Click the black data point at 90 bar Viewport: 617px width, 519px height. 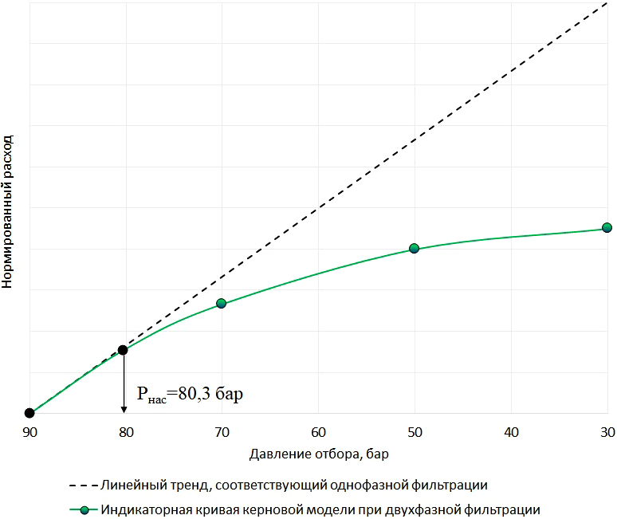tap(29, 413)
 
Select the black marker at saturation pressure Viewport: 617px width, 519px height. tap(123, 350)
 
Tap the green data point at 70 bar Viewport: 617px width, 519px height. tap(222, 303)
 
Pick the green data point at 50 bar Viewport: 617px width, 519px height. tap(414, 248)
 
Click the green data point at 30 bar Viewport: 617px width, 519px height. tap(607, 227)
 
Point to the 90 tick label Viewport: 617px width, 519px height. tap(29, 432)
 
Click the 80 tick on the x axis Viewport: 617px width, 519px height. tap(125, 432)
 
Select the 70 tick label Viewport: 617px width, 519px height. tap(222, 432)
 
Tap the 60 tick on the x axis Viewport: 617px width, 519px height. tap(318, 432)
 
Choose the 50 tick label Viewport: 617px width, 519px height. tap(414, 432)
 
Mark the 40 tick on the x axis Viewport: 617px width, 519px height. tap(510, 432)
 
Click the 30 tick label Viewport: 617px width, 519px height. tap(607, 432)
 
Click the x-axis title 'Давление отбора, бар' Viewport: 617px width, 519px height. tap(319, 454)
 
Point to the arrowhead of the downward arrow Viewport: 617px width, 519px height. tap(124, 410)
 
